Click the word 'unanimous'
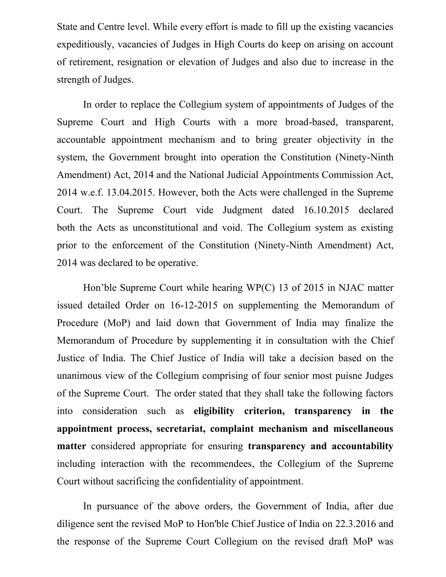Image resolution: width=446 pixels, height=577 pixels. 78,376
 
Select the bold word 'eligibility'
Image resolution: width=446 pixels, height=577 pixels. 214,411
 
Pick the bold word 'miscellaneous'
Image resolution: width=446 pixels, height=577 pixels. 363,429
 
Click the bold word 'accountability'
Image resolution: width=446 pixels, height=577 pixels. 363,446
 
